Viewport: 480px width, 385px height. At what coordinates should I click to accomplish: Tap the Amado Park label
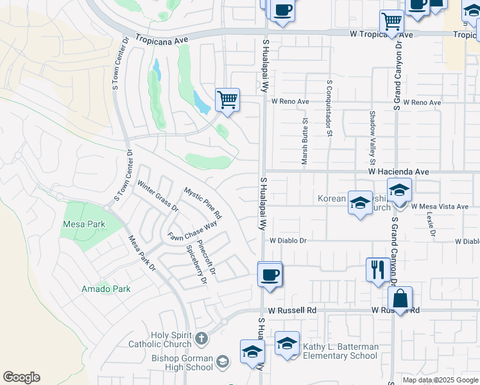click(x=106, y=289)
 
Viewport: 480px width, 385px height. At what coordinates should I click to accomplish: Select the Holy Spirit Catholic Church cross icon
click(x=201, y=338)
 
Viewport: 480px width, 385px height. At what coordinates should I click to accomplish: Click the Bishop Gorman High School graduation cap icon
click(x=222, y=361)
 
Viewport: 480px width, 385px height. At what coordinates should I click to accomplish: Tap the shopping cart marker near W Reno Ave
click(x=227, y=100)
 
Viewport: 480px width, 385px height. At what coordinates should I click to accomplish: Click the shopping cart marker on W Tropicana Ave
click(x=391, y=22)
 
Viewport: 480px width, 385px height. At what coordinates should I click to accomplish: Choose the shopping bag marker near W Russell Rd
click(x=400, y=298)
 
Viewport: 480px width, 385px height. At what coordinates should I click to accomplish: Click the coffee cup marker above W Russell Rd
click(x=270, y=275)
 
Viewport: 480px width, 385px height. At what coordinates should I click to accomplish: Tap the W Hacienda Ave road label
click(x=398, y=172)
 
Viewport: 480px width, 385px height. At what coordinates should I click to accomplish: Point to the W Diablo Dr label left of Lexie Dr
click(x=289, y=241)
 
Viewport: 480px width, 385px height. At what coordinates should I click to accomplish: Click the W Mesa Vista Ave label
click(x=440, y=207)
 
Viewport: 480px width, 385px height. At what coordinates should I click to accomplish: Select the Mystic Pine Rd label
click(x=202, y=201)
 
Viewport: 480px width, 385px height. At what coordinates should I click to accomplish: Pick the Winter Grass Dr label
click(x=157, y=196)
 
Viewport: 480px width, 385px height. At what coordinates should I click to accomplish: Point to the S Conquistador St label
click(x=329, y=108)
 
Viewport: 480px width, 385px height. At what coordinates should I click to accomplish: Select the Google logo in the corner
click(x=21, y=377)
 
